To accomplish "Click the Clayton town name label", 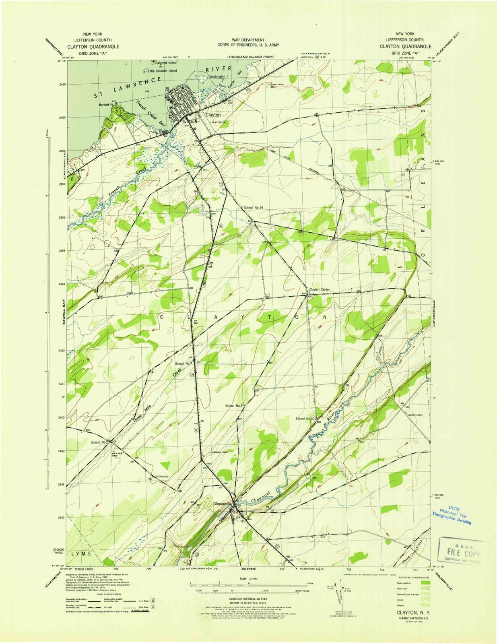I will coord(213,115).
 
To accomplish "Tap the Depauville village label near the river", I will coord(223,503).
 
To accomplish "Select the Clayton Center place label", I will coord(320,289).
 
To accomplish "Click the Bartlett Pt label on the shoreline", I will coord(106,105).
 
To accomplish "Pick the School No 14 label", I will coord(253,207).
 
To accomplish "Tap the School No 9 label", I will coord(235,406).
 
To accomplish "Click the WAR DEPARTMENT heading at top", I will coord(248,40).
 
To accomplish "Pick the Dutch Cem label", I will coord(415,415).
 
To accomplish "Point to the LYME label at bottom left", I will coord(82,554).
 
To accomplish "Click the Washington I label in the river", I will coord(219,76).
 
